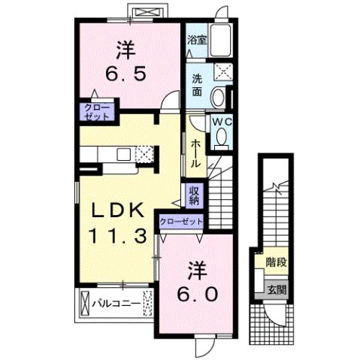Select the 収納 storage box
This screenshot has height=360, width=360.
tap(194, 195)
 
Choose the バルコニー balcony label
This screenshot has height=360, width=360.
tap(116, 304)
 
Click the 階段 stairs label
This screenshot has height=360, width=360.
tap(276, 262)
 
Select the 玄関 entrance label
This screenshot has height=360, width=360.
tap(276, 290)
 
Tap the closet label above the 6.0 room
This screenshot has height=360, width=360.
tap(182, 222)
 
